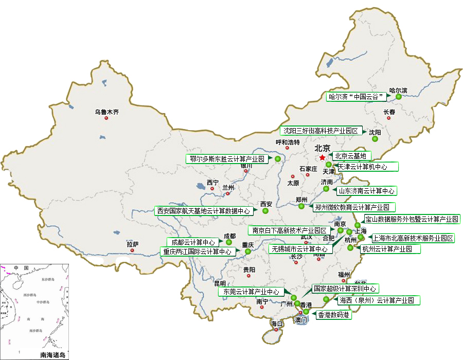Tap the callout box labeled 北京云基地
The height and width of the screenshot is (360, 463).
350,156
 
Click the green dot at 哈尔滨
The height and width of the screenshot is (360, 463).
399,97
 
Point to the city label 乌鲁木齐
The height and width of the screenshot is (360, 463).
106,112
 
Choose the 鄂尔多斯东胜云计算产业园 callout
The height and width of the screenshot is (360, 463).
226,159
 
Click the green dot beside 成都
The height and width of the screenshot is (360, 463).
229,242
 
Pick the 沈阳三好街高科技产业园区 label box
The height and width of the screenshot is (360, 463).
322,131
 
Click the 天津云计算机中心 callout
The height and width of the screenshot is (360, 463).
367,167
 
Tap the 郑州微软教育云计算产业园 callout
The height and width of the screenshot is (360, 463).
354,208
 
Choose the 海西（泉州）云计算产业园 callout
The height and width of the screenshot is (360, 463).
377,300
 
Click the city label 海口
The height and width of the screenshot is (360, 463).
277,323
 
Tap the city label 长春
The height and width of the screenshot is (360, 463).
389,112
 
